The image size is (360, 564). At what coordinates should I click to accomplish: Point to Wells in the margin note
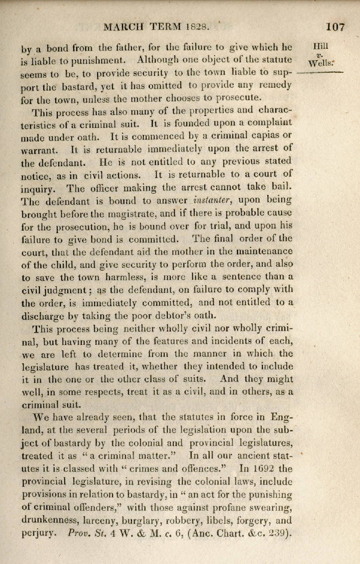(321, 63)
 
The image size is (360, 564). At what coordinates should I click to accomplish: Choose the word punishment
(93, 62)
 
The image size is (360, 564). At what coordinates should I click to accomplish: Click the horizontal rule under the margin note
(320, 73)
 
